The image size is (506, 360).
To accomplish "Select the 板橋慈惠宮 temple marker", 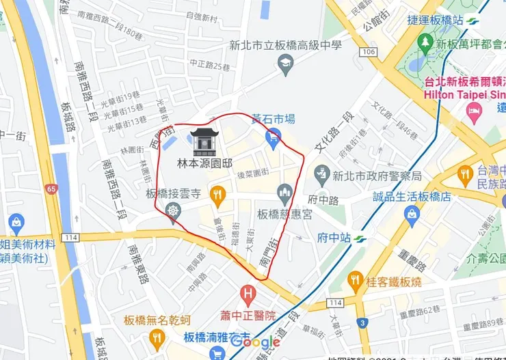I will [x=284, y=194].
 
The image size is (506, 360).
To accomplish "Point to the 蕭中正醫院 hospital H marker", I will [x=248, y=296].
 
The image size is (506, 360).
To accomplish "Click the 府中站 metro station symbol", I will [x=360, y=238].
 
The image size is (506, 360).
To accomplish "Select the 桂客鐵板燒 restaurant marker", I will [x=355, y=279].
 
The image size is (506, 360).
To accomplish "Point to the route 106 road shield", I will [x=370, y=52].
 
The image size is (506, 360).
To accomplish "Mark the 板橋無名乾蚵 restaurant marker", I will [x=157, y=337].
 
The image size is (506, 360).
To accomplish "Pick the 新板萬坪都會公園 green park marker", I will [x=425, y=43].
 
